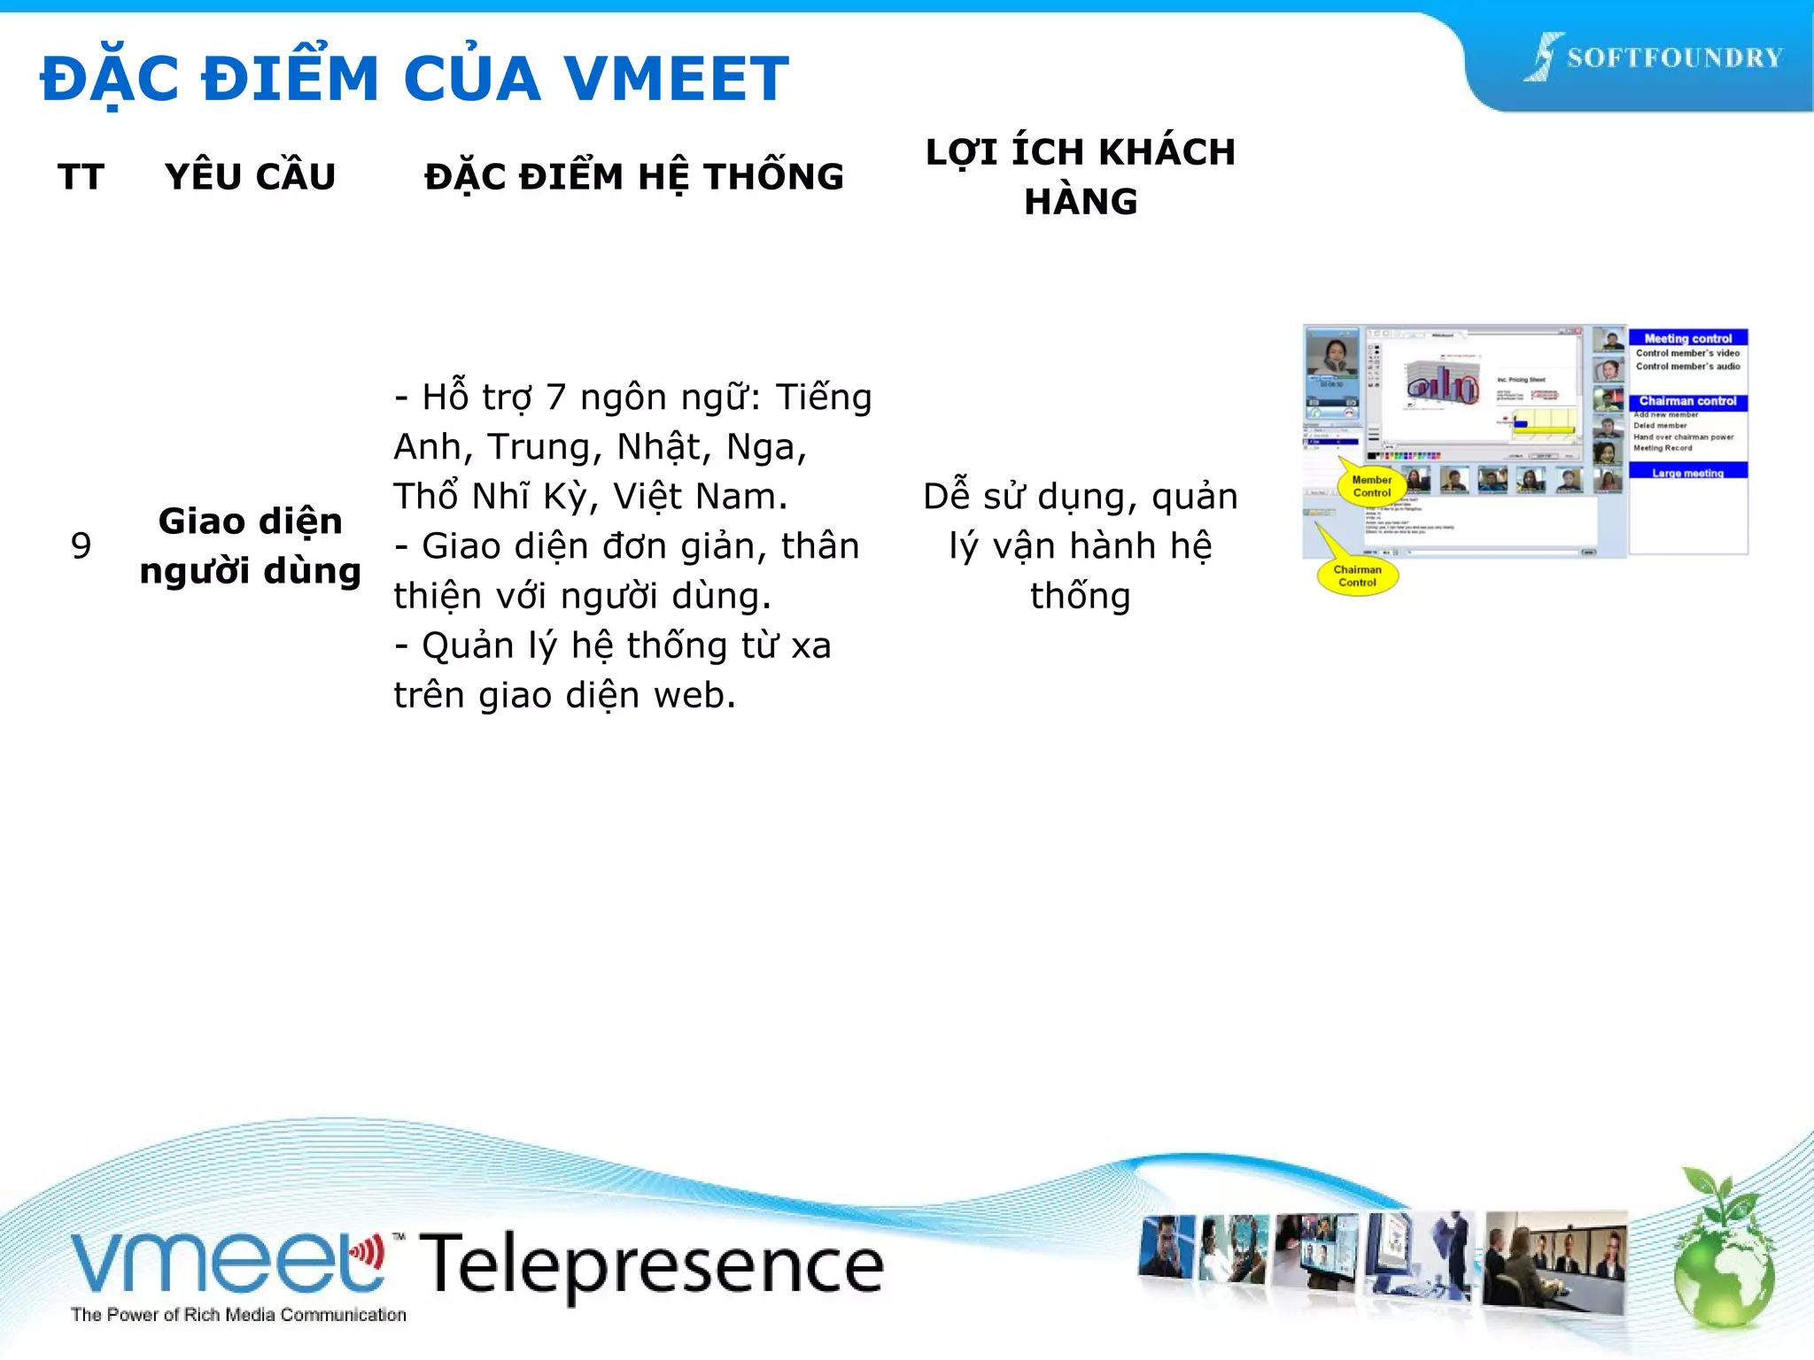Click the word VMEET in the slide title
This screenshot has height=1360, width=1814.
click(x=676, y=78)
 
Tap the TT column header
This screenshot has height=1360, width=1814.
click(x=81, y=177)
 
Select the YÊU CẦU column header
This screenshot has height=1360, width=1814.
click(x=250, y=177)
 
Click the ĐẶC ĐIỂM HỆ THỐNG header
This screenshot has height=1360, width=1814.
click(x=634, y=177)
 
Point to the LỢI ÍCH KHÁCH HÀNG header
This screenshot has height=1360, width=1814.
click(x=1081, y=177)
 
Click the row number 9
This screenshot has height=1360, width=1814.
click(x=81, y=545)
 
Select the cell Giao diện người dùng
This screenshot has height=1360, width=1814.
click(x=250, y=545)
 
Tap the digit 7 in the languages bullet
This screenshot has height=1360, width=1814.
click(x=555, y=398)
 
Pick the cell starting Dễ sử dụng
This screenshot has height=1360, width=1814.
click(x=1081, y=545)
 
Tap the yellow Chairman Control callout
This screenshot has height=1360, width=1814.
click(x=1357, y=576)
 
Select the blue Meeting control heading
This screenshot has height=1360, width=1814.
click(x=1687, y=338)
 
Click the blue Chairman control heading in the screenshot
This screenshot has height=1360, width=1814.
click(x=1687, y=402)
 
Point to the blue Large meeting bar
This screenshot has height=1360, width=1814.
click(x=1687, y=472)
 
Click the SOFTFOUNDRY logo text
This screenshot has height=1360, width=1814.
click(x=1674, y=58)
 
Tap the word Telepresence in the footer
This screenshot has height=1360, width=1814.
click(x=651, y=1264)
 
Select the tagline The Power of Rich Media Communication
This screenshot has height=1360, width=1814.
click(x=238, y=1315)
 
